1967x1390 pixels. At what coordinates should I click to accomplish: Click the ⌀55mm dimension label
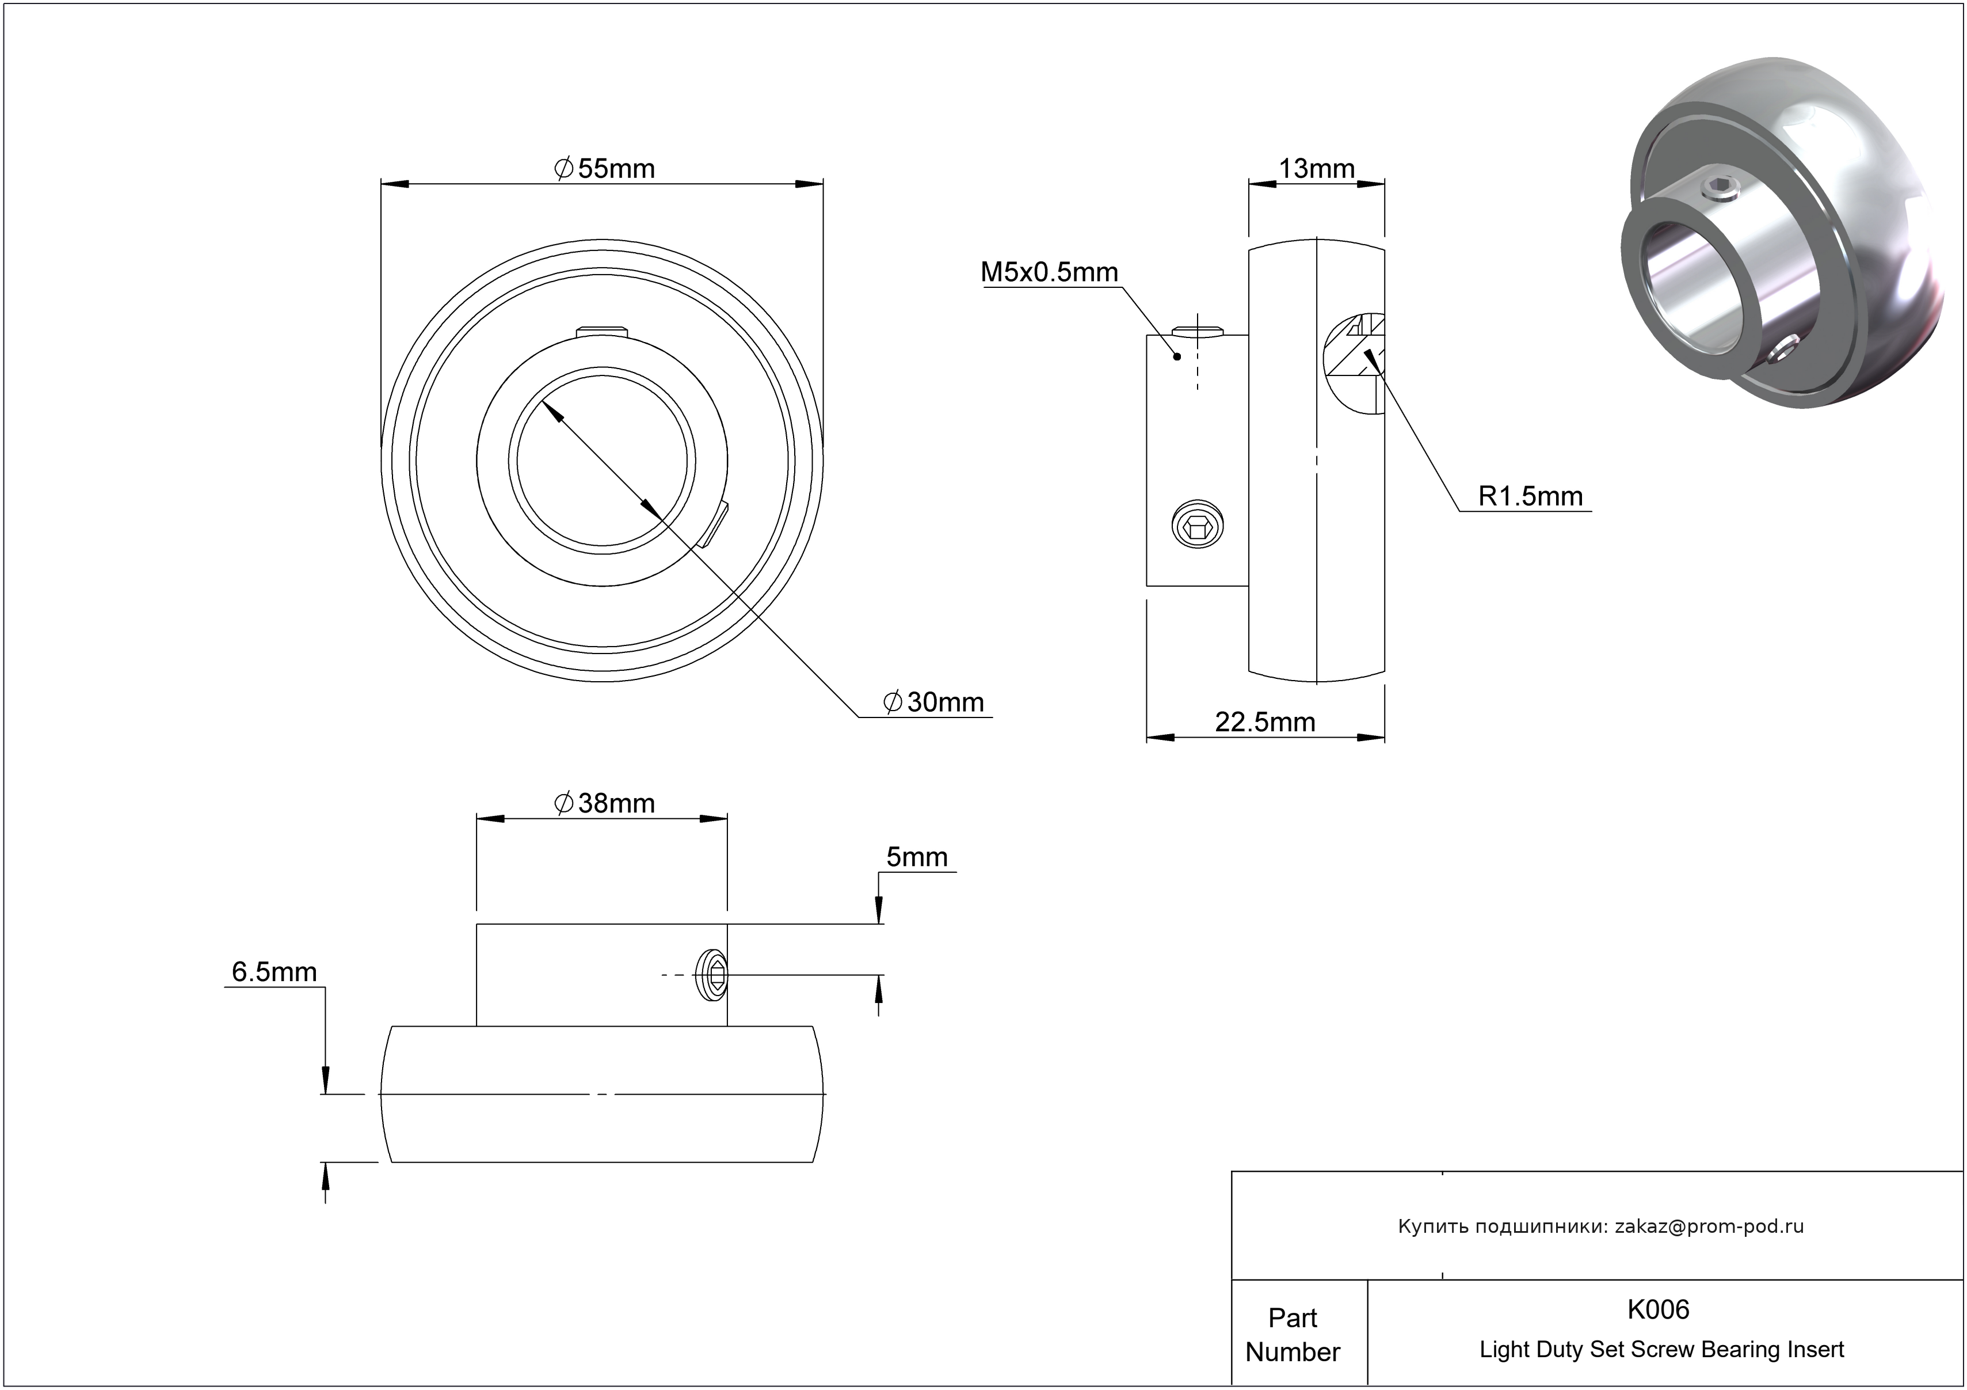[x=604, y=169]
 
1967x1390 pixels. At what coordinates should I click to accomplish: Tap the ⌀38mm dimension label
[x=604, y=804]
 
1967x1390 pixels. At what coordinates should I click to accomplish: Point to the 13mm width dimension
[x=1316, y=169]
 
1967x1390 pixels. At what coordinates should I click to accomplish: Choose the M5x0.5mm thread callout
[x=1050, y=272]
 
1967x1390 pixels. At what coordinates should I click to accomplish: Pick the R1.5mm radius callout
[x=1530, y=496]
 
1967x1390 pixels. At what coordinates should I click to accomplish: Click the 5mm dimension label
[x=917, y=857]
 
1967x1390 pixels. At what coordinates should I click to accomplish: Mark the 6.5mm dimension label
[x=274, y=972]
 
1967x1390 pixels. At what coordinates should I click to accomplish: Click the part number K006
[x=1658, y=1309]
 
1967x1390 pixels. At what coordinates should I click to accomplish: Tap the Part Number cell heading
[x=1293, y=1334]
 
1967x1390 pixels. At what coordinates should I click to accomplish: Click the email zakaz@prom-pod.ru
[x=1709, y=1226]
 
